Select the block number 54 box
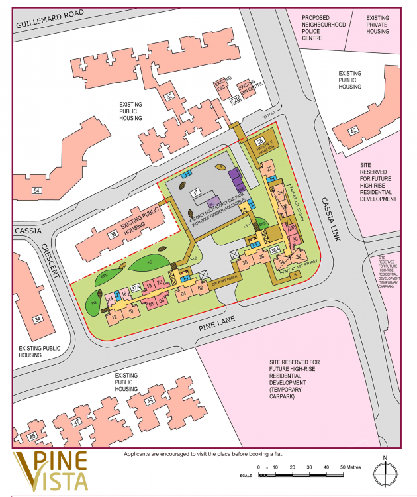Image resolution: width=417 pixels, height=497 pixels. click(36, 191)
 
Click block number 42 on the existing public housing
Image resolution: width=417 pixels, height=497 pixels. click(353, 130)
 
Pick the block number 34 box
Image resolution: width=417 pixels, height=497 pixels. click(37, 319)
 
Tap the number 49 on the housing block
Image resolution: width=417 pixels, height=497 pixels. click(150, 400)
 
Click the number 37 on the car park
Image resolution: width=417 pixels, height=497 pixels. click(195, 193)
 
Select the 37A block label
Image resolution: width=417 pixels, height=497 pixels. click(136, 288)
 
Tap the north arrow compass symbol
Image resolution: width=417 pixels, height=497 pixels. click(383, 473)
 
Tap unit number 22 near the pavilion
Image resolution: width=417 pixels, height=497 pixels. click(269, 170)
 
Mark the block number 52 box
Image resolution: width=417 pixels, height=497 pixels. click(169, 96)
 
